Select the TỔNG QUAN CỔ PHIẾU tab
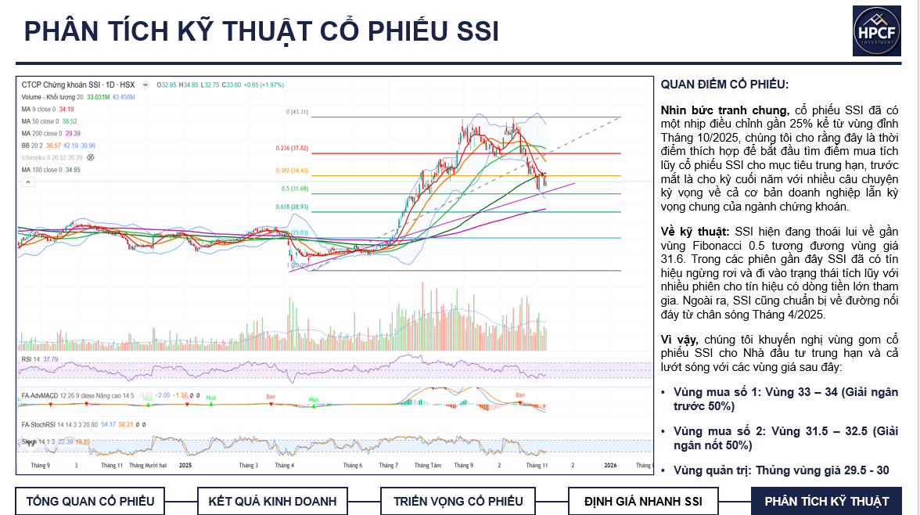(x=90, y=501)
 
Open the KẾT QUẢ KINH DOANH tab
(x=271, y=501)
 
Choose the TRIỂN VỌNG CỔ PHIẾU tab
(x=458, y=501)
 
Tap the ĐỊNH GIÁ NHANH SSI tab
(x=643, y=501)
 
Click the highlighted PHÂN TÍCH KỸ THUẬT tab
(x=826, y=501)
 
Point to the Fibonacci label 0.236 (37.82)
(x=292, y=148)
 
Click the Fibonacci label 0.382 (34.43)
(x=292, y=170)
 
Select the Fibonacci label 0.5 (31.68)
(x=295, y=189)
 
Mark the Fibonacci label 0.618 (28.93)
(x=292, y=207)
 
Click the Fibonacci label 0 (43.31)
(x=296, y=112)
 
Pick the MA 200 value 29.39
(x=70, y=134)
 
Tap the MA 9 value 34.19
(x=66, y=109)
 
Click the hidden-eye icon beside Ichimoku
(x=91, y=157)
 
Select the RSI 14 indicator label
(x=31, y=359)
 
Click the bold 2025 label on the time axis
(x=185, y=465)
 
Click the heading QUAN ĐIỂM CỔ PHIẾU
(x=724, y=85)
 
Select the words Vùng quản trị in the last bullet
(x=706, y=470)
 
